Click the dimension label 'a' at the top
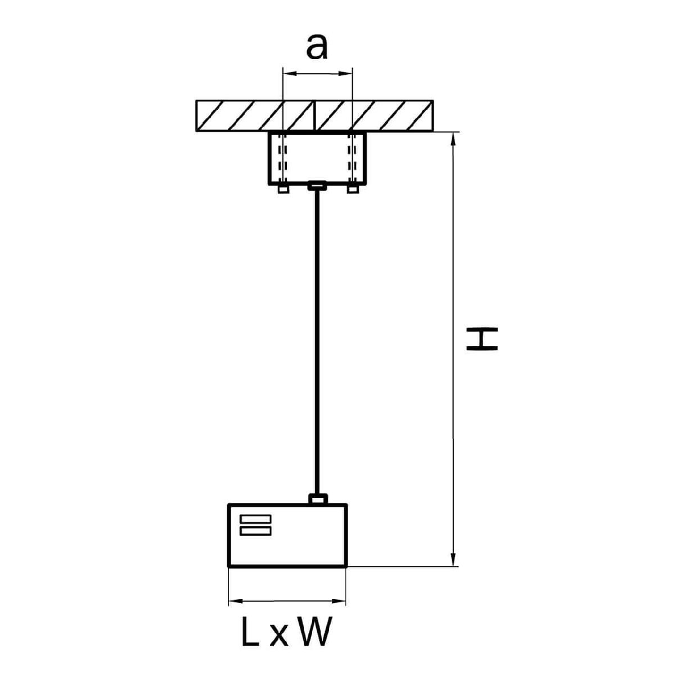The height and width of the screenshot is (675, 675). point(317,47)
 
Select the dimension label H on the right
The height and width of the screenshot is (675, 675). point(481,339)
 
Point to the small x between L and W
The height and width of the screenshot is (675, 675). point(279,636)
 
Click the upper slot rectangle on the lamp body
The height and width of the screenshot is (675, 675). point(255,519)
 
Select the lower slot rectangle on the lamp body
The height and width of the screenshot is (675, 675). point(255,531)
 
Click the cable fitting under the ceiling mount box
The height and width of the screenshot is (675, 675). point(317,186)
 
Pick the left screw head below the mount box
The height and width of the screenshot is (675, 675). point(283,189)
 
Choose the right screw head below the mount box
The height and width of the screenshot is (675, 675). point(353,189)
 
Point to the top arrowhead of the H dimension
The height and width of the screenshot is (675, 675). point(453,139)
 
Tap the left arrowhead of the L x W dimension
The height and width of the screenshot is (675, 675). point(236,601)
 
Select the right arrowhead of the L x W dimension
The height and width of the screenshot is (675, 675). point(339,601)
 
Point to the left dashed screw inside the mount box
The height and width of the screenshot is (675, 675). point(283,158)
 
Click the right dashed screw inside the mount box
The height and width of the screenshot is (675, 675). point(352,158)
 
